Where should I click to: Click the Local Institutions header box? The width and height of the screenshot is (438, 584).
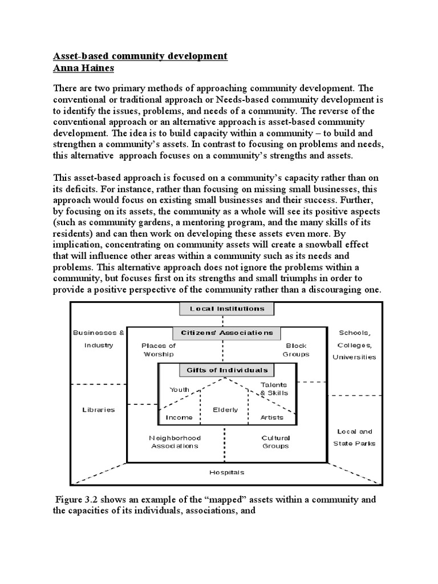(226, 309)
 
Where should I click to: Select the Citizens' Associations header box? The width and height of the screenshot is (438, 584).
(226, 332)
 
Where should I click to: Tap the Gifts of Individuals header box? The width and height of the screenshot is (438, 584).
(226, 370)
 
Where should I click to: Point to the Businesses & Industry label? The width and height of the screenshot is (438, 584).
(98, 339)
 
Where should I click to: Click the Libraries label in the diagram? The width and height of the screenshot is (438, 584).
(98, 409)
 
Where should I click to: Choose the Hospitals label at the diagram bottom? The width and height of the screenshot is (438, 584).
(226, 472)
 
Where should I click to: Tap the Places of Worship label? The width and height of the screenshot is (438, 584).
(159, 350)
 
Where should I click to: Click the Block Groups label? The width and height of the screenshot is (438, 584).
(295, 350)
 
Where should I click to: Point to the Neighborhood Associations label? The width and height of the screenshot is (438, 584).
(175, 442)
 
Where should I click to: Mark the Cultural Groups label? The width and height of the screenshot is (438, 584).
(275, 442)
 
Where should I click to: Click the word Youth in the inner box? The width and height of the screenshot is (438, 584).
(179, 390)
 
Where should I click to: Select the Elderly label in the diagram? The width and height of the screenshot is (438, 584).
(225, 409)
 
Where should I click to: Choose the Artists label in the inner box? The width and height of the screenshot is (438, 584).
(272, 417)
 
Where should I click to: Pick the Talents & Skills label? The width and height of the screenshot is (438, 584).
(274, 389)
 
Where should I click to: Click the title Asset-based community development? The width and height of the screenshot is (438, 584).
(140, 56)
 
